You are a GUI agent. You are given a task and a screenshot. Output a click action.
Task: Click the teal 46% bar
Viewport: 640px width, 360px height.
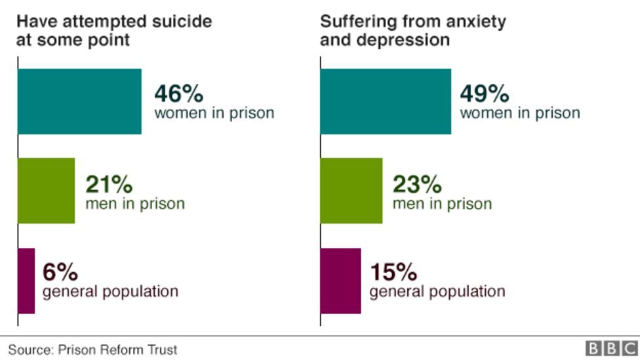[x=79, y=101]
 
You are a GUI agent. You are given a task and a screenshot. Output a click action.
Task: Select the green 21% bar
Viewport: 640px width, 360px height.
[x=46, y=191]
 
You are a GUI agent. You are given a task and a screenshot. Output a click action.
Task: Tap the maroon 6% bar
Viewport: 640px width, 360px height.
[x=26, y=281]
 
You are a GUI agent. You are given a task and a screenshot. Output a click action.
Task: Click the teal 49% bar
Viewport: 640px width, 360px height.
[x=386, y=101]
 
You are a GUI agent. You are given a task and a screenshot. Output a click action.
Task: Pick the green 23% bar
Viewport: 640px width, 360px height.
[x=351, y=191]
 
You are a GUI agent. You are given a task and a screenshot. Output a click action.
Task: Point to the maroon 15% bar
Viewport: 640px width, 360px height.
[x=340, y=281]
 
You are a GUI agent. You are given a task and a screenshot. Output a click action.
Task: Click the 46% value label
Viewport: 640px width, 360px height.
[x=178, y=94]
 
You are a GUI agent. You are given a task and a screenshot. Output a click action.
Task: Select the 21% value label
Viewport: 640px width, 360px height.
[x=109, y=184]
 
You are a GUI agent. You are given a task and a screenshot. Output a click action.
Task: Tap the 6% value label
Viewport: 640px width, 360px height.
[x=60, y=271]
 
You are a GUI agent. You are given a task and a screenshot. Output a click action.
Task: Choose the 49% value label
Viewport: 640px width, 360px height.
[x=485, y=94]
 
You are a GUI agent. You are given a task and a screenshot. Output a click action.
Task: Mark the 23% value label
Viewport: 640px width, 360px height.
[x=417, y=184]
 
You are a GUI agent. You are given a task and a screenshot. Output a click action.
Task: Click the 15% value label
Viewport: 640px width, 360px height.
[x=394, y=271]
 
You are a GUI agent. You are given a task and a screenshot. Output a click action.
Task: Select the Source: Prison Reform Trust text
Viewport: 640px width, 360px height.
[x=92, y=350]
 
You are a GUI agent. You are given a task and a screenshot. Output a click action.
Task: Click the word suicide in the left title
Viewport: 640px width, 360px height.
[x=184, y=21]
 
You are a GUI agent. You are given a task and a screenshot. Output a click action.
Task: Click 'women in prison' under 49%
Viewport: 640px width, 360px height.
[x=520, y=113]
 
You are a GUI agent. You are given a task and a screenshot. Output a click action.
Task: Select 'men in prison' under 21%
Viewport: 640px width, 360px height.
[x=135, y=203]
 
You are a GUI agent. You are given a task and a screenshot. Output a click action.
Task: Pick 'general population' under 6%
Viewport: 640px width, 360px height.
[x=110, y=290]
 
